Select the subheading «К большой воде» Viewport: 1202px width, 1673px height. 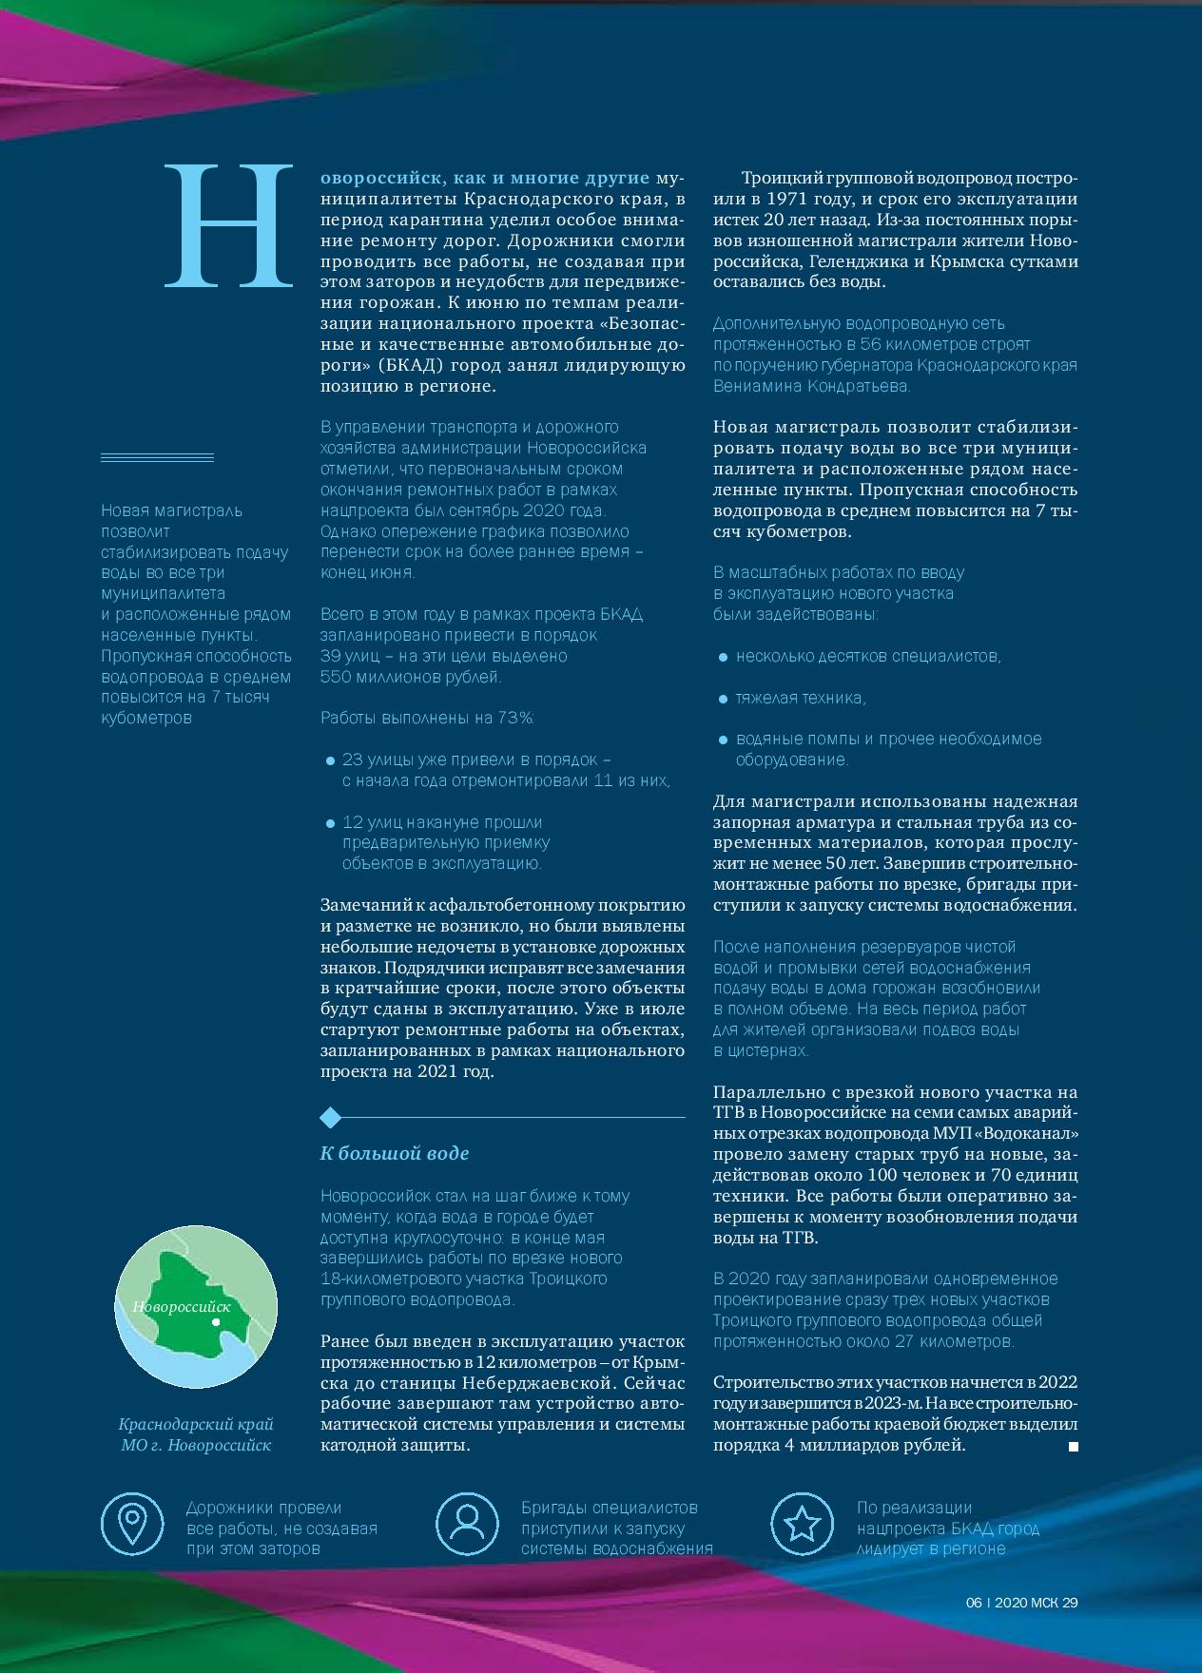coord(395,1153)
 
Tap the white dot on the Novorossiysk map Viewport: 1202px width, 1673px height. coord(216,1321)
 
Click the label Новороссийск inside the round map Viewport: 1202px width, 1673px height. coord(182,1307)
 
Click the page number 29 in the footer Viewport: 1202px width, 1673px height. coord(1070,1602)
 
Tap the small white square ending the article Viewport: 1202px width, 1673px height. coord(1074,1447)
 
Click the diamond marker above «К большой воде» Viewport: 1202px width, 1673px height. coord(330,1116)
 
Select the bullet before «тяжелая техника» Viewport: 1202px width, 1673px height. coord(723,699)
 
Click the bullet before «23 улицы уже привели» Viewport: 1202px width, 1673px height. coord(330,761)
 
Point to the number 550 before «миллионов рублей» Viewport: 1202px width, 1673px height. coord(336,677)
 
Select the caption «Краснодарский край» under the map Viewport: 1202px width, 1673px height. coord(196,1424)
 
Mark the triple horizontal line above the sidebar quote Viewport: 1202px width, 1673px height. coord(157,458)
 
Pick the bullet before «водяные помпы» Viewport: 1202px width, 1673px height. coord(723,740)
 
